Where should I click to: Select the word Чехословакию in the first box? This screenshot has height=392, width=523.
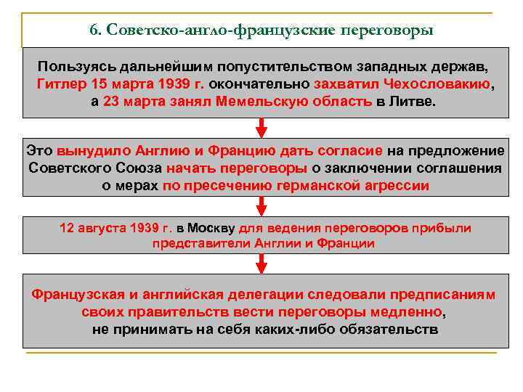pos(439,84)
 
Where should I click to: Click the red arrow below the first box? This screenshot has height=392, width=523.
pos(261,128)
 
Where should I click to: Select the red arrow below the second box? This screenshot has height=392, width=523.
pos(261,205)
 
